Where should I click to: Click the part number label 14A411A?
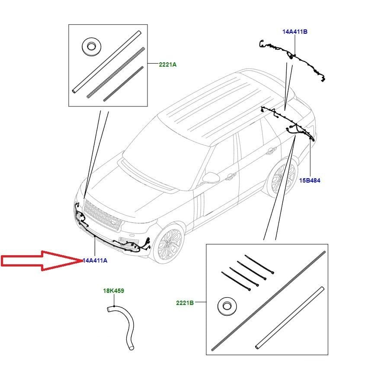point(95,260)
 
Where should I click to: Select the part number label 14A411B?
point(295,32)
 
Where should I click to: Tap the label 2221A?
point(168,64)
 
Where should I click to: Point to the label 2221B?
point(185,303)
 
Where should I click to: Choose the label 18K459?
point(113,291)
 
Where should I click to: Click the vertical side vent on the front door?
point(199,206)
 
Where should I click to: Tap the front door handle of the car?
point(230,176)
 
